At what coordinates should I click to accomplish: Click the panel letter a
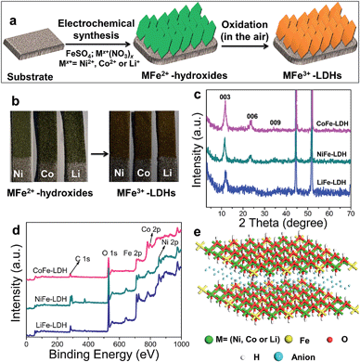click(7, 7)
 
